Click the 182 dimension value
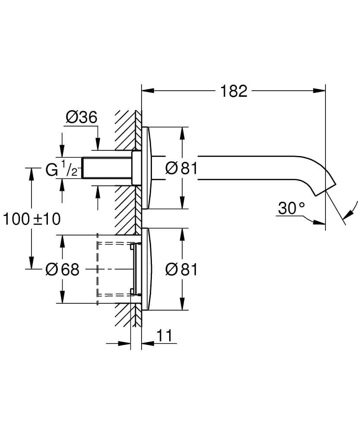[234, 91]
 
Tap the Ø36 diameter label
[81, 117]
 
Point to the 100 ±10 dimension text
[32, 219]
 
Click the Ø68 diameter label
[63, 270]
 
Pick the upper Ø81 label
[181, 168]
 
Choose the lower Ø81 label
[181, 270]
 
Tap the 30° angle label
[291, 209]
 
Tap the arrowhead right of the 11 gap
[147, 344]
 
